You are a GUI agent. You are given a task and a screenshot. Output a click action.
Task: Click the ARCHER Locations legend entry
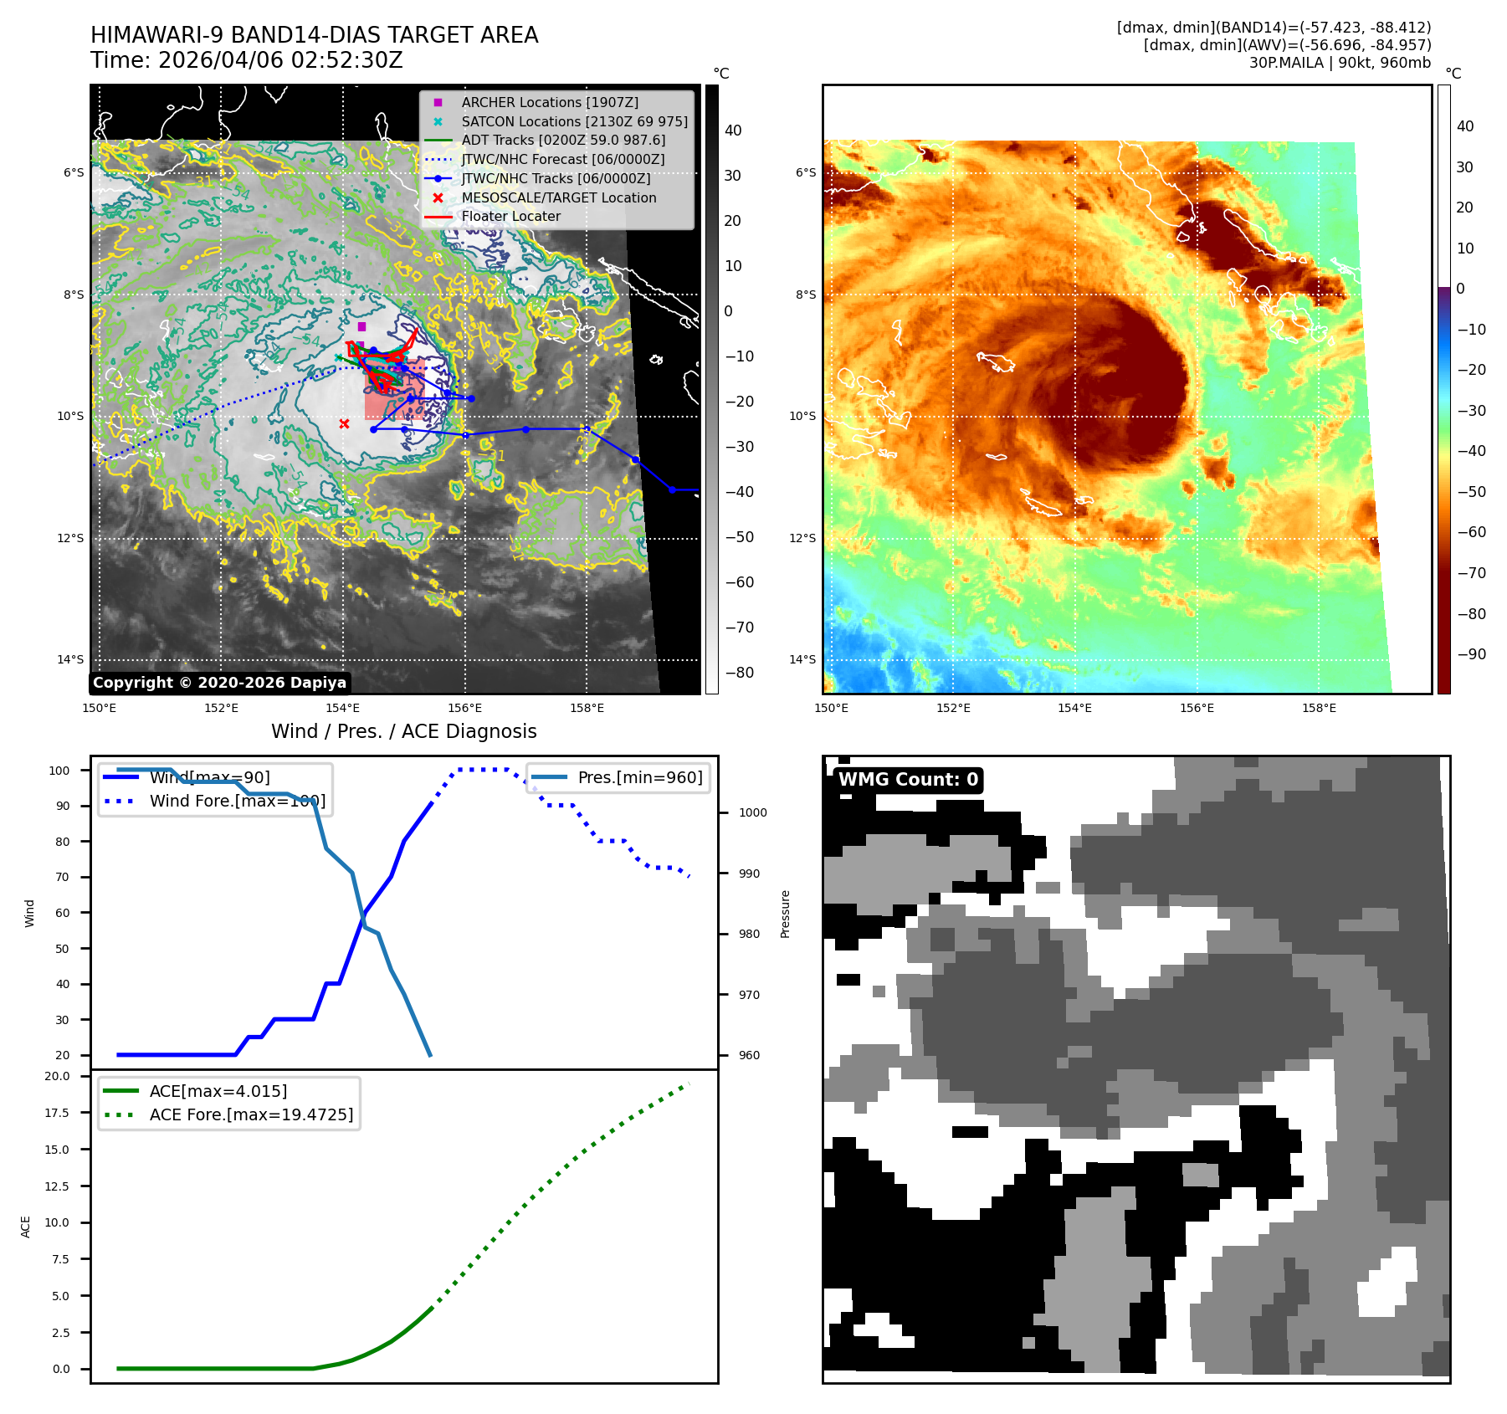point(549,102)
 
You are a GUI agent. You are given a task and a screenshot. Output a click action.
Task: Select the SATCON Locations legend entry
point(574,121)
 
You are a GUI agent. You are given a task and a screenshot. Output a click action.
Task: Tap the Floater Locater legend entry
point(510,216)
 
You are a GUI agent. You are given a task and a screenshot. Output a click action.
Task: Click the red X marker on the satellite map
point(344,424)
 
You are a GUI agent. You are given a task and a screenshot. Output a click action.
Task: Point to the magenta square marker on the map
point(361,326)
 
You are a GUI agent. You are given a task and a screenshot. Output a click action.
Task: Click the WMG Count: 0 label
point(908,780)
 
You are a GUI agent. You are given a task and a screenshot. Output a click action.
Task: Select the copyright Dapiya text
point(219,683)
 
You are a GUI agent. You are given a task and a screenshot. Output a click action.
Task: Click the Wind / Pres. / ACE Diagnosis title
point(403,731)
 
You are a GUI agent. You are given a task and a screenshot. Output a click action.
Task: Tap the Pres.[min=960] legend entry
point(640,777)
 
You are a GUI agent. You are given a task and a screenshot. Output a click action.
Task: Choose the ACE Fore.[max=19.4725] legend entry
point(251,1114)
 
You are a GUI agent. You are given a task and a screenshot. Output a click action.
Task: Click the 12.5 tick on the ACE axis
point(57,1186)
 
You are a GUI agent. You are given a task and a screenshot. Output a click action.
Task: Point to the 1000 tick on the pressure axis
point(752,812)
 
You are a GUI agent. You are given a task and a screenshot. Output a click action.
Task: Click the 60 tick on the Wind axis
point(63,913)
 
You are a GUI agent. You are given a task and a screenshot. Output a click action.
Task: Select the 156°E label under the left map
point(464,708)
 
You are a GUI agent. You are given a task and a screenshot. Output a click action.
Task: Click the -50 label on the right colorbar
point(1471,492)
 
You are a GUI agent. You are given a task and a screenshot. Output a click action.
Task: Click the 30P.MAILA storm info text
point(1340,63)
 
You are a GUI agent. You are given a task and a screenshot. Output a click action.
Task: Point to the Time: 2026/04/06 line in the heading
point(247,60)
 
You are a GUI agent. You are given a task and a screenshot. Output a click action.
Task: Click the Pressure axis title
point(785,914)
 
